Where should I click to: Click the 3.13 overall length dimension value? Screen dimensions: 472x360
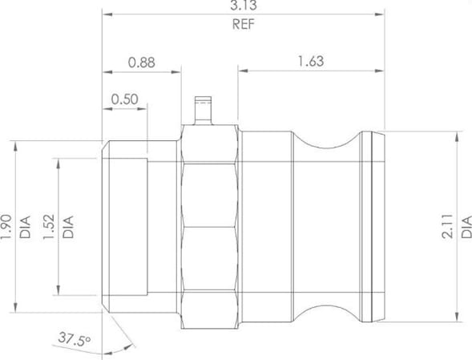click(x=244, y=5)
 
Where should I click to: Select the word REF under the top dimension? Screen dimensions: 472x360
click(x=244, y=24)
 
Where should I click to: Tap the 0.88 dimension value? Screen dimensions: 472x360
click(x=142, y=63)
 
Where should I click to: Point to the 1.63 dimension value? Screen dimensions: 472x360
click(x=311, y=61)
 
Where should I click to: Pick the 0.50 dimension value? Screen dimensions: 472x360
click(x=125, y=99)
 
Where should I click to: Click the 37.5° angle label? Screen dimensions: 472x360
click(x=75, y=339)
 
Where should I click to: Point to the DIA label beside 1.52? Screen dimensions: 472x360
click(x=68, y=227)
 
